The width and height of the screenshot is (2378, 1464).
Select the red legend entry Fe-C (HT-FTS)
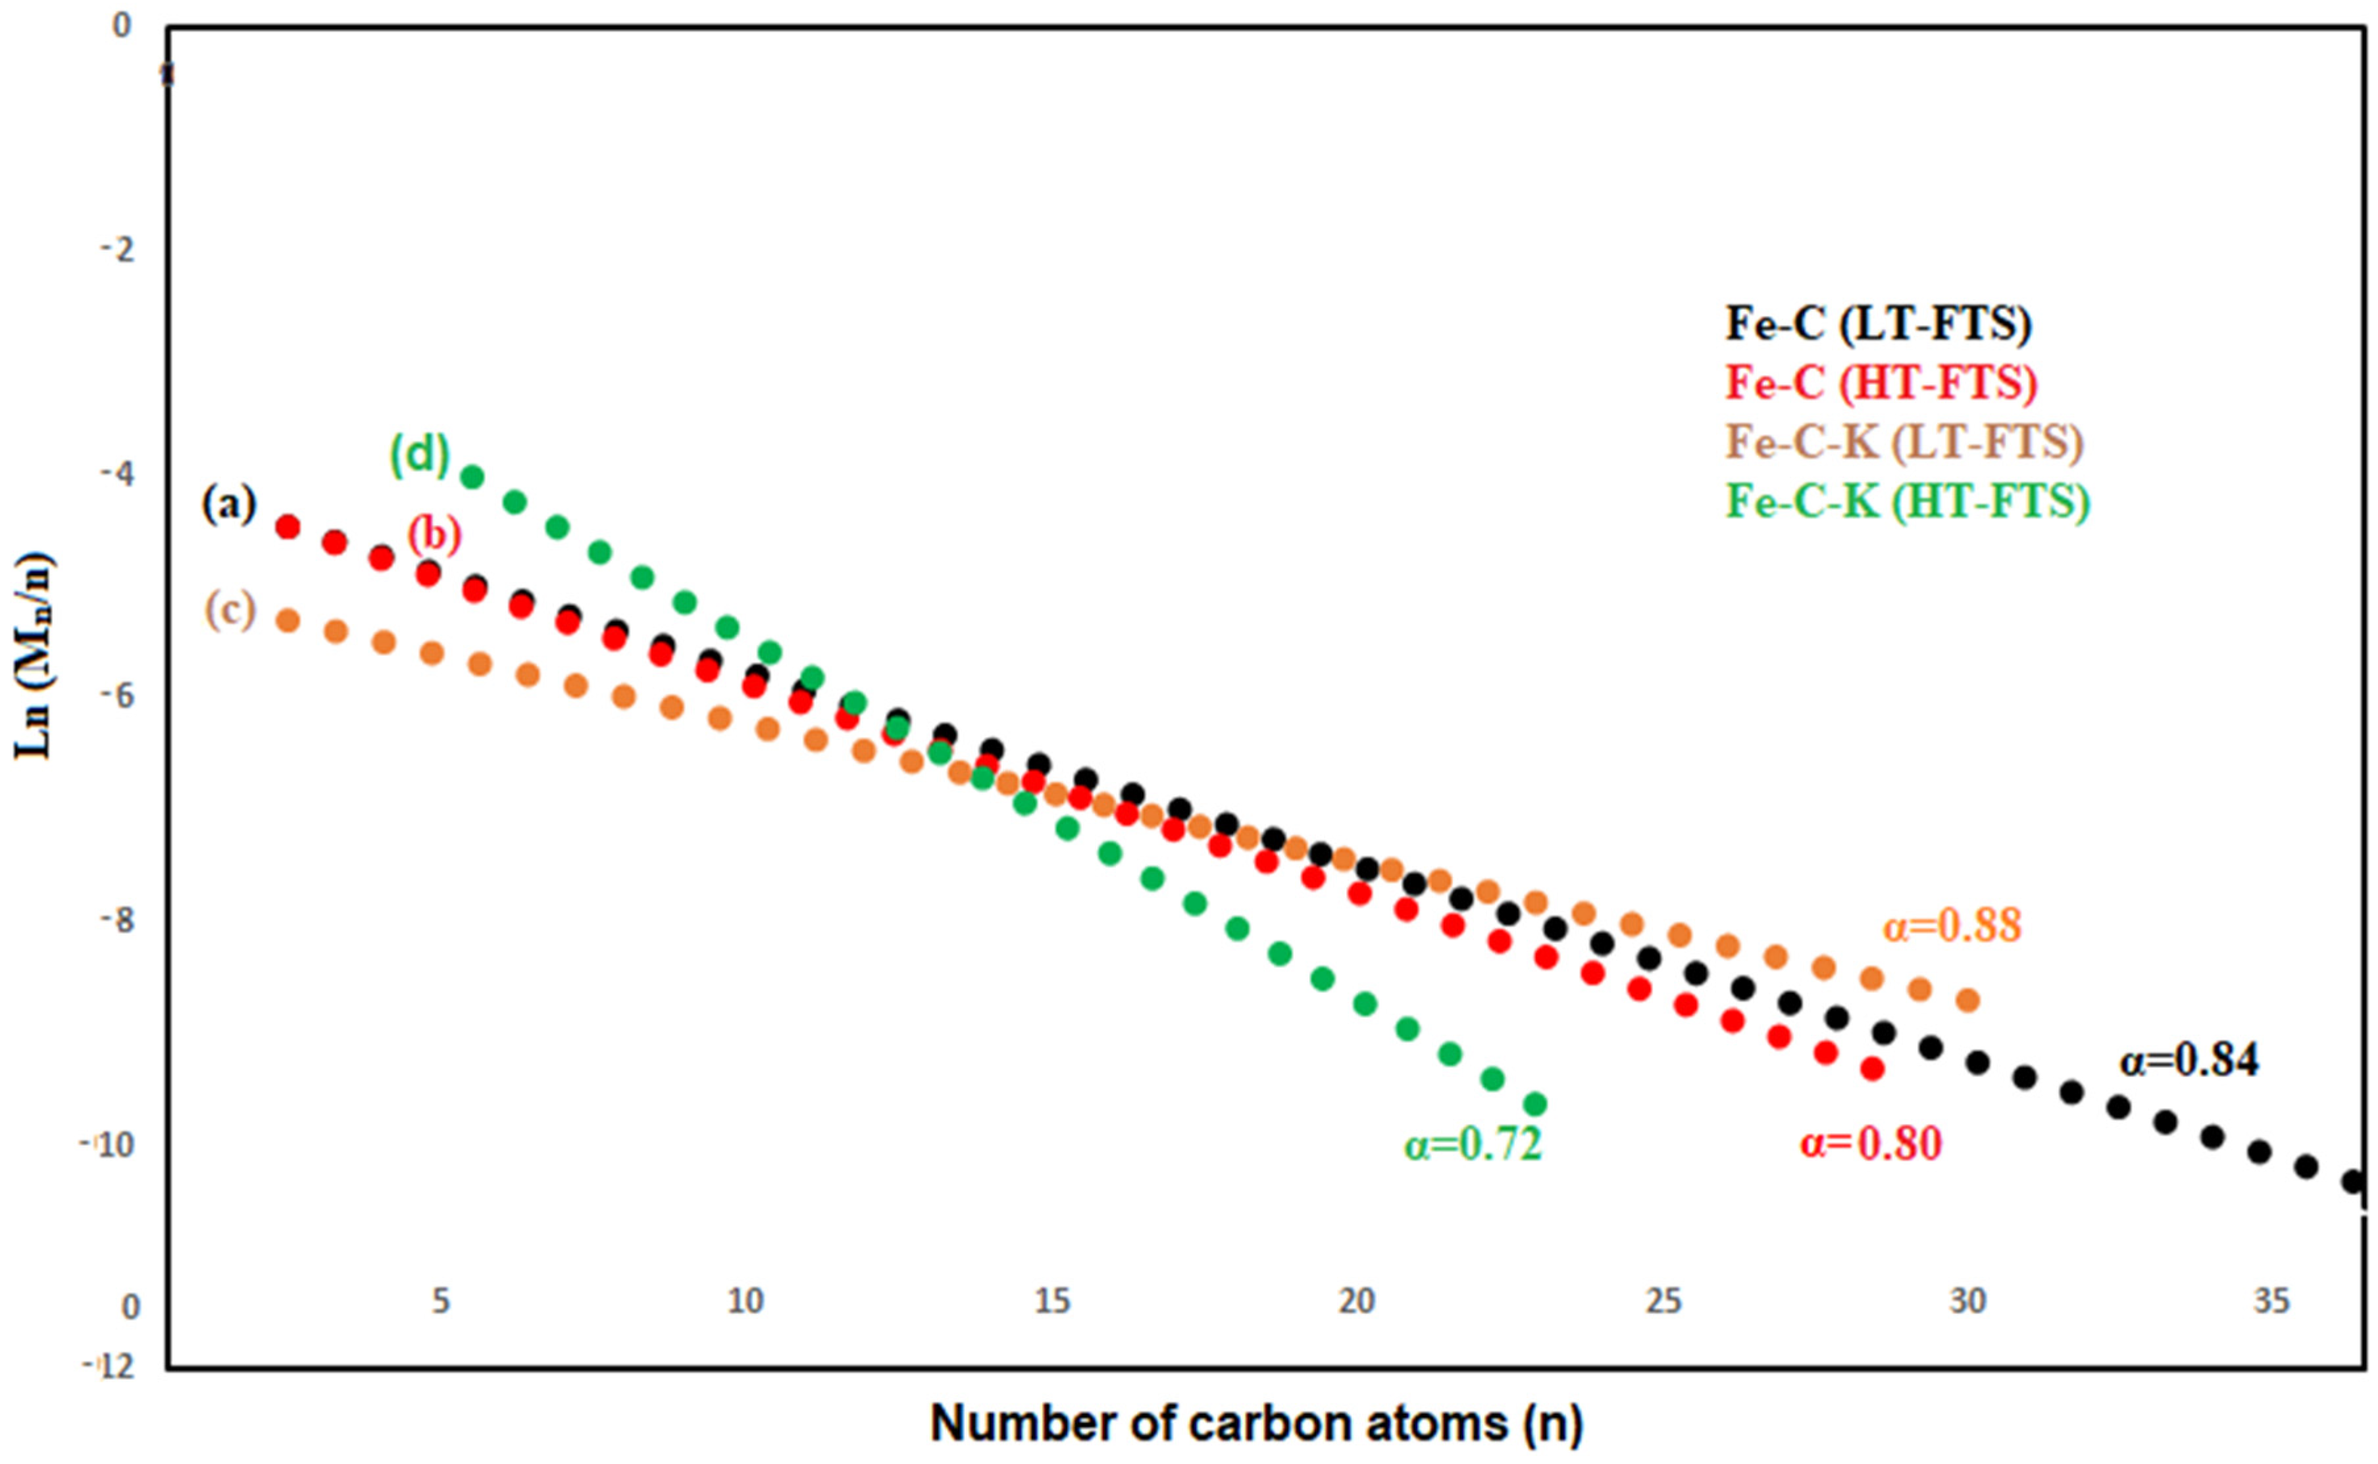[x=1881, y=384]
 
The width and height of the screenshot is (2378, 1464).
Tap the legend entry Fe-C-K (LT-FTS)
[x=1904, y=443]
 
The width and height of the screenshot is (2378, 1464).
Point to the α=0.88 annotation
[x=1952, y=926]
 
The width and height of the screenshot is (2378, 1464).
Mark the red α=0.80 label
[x=1871, y=1144]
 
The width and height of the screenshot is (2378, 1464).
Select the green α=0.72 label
[x=1473, y=1144]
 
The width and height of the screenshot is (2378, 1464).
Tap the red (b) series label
[x=434, y=534]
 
